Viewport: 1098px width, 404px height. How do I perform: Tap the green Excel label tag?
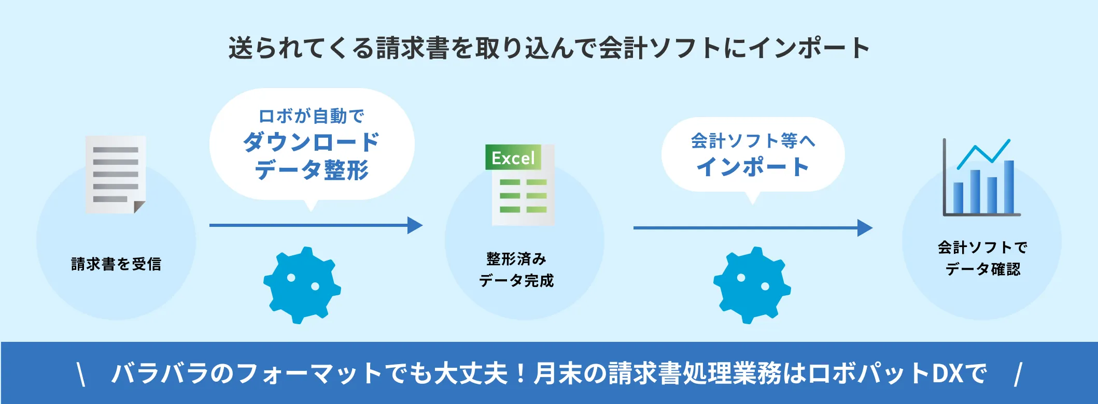click(x=513, y=157)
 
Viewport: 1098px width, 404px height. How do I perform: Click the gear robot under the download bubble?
click(x=302, y=285)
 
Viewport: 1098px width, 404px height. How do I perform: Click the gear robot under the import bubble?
click(x=752, y=285)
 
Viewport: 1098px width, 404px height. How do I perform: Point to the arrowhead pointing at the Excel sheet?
click(x=415, y=225)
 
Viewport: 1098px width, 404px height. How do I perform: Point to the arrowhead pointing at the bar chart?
click(x=865, y=228)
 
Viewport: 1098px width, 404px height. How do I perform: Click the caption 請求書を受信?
click(x=116, y=264)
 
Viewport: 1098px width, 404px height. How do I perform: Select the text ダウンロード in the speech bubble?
click(x=311, y=142)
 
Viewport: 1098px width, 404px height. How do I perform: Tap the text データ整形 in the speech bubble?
click(x=311, y=170)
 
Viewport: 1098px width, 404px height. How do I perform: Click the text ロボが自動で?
click(x=311, y=116)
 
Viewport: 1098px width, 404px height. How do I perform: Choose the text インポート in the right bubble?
click(x=753, y=167)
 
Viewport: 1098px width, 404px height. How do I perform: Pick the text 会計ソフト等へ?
click(x=753, y=140)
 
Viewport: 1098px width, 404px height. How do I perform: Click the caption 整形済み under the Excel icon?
click(x=516, y=258)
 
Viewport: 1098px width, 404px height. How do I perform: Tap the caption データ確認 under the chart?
click(x=982, y=269)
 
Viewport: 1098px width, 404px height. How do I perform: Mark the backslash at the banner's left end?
click(x=81, y=374)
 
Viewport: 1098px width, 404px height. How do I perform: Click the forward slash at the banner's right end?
click(x=1018, y=374)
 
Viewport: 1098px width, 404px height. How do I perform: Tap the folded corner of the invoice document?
click(x=139, y=207)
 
